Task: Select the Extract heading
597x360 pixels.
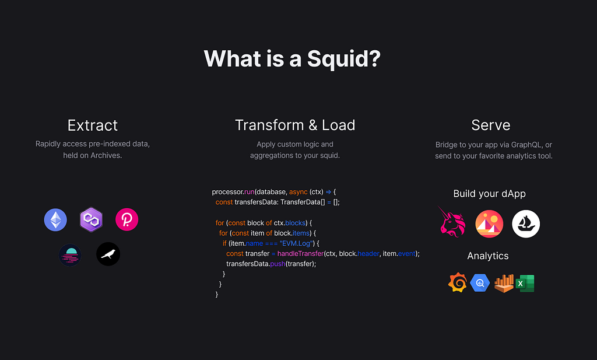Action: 93,125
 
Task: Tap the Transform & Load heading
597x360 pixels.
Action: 295,125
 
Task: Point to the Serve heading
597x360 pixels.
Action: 491,125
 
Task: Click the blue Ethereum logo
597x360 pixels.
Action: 55,219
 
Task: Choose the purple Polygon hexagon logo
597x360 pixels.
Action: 91,219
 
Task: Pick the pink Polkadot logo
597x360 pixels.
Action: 127,219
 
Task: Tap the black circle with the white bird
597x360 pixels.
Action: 108,254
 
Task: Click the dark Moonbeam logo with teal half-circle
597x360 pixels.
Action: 70,254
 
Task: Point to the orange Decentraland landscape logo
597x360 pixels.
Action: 489,224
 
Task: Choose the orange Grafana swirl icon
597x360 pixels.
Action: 458,284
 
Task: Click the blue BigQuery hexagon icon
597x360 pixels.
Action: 480,284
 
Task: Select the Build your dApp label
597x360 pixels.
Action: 489,194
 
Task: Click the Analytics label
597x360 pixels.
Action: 488,256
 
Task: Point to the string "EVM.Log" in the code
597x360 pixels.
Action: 298,243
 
